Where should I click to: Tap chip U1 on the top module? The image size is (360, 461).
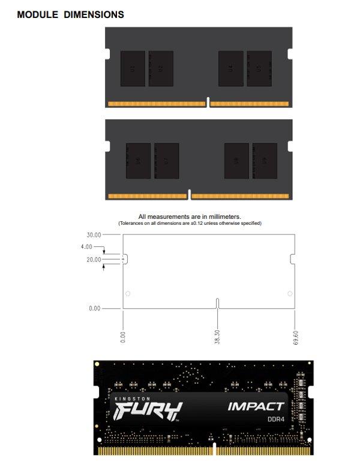[133, 68]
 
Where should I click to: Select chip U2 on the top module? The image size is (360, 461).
[160, 68]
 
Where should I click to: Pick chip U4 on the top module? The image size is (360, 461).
[230, 68]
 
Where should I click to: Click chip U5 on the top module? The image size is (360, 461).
[259, 68]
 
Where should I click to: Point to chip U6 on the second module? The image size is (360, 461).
[138, 161]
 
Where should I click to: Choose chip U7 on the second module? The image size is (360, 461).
[166, 161]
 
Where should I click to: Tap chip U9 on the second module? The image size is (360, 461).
[236, 161]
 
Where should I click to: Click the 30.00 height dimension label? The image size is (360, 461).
[94, 235]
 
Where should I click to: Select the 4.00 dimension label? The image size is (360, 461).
[86, 246]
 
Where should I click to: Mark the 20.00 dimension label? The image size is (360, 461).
[94, 260]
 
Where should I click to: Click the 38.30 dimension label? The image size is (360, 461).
[217, 336]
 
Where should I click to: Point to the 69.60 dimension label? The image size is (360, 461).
[296, 336]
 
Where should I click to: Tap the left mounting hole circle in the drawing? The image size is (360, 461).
[127, 294]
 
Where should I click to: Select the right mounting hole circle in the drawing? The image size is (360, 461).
[290, 294]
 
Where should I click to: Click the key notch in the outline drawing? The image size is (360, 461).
[217, 303]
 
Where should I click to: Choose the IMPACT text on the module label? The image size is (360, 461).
[256, 406]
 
